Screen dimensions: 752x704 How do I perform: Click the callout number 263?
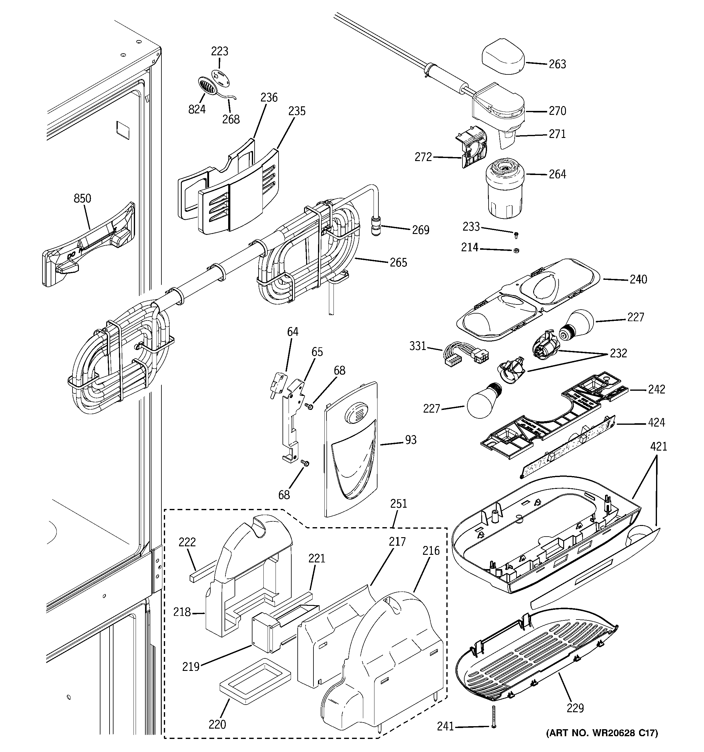[557, 64]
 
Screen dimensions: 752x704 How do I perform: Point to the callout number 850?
[82, 198]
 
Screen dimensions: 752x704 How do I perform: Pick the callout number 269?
[421, 230]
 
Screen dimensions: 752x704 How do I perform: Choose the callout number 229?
[575, 708]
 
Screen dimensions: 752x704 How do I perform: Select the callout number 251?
[399, 504]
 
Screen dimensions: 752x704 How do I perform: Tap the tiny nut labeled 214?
[516, 250]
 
